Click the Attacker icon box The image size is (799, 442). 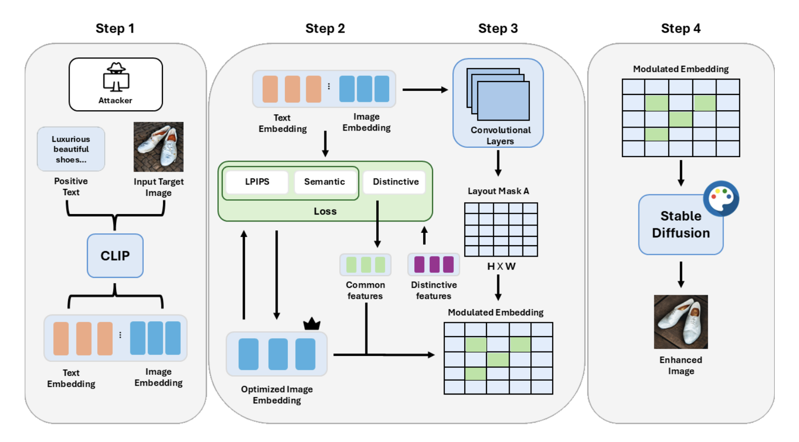(116, 84)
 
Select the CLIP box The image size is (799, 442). (115, 256)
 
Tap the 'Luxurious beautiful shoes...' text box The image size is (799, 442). (71, 149)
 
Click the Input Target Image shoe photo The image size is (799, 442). (159, 147)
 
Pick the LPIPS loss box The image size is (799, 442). (257, 182)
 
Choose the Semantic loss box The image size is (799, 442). (324, 182)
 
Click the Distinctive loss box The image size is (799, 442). (396, 182)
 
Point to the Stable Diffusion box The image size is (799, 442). (680, 225)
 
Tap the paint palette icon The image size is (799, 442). (721, 198)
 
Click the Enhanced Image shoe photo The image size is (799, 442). (680, 322)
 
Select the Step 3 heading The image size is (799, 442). (498, 29)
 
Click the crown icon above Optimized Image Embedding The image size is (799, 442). (312, 324)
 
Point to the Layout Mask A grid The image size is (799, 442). (501, 229)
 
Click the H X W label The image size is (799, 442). (501, 266)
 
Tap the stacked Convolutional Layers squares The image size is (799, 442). (498, 94)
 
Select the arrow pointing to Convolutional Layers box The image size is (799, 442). (425, 90)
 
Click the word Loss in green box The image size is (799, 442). (325, 212)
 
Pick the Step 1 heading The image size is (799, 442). (115, 29)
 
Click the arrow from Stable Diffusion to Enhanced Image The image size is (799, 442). (681, 275)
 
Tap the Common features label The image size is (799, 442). (365, 291)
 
